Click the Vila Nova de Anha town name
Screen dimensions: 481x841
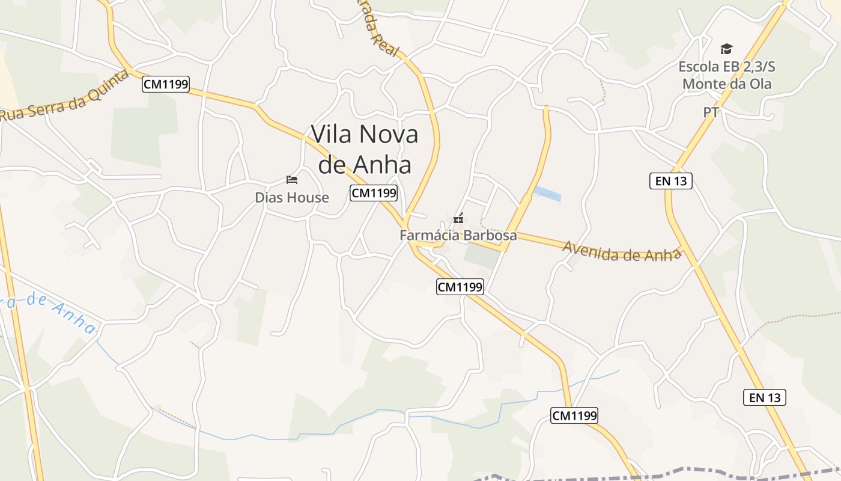365,149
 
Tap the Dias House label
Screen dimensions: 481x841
292,197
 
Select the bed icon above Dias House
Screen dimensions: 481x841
292,179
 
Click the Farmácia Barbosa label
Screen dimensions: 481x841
458,235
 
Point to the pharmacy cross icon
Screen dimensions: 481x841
458,219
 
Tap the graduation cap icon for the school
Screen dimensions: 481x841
727,49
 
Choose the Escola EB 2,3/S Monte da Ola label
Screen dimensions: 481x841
727,75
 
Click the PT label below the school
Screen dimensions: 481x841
711,112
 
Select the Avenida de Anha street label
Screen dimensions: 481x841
622,251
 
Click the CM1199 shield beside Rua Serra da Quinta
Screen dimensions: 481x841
166,84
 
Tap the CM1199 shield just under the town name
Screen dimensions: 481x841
374,193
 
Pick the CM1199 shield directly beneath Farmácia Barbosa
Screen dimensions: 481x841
460,287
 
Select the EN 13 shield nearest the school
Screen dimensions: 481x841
671,180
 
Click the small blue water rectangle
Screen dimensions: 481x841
547,194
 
